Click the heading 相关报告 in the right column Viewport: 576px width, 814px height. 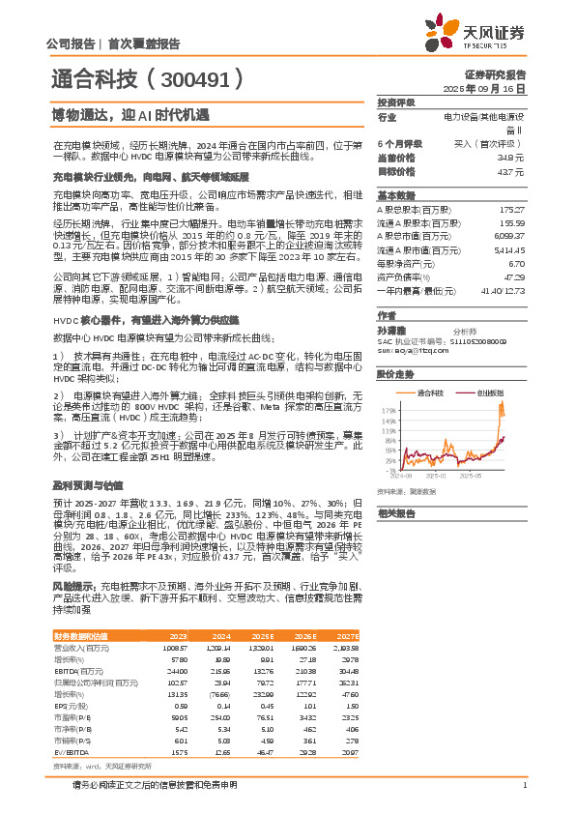[397, 512]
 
